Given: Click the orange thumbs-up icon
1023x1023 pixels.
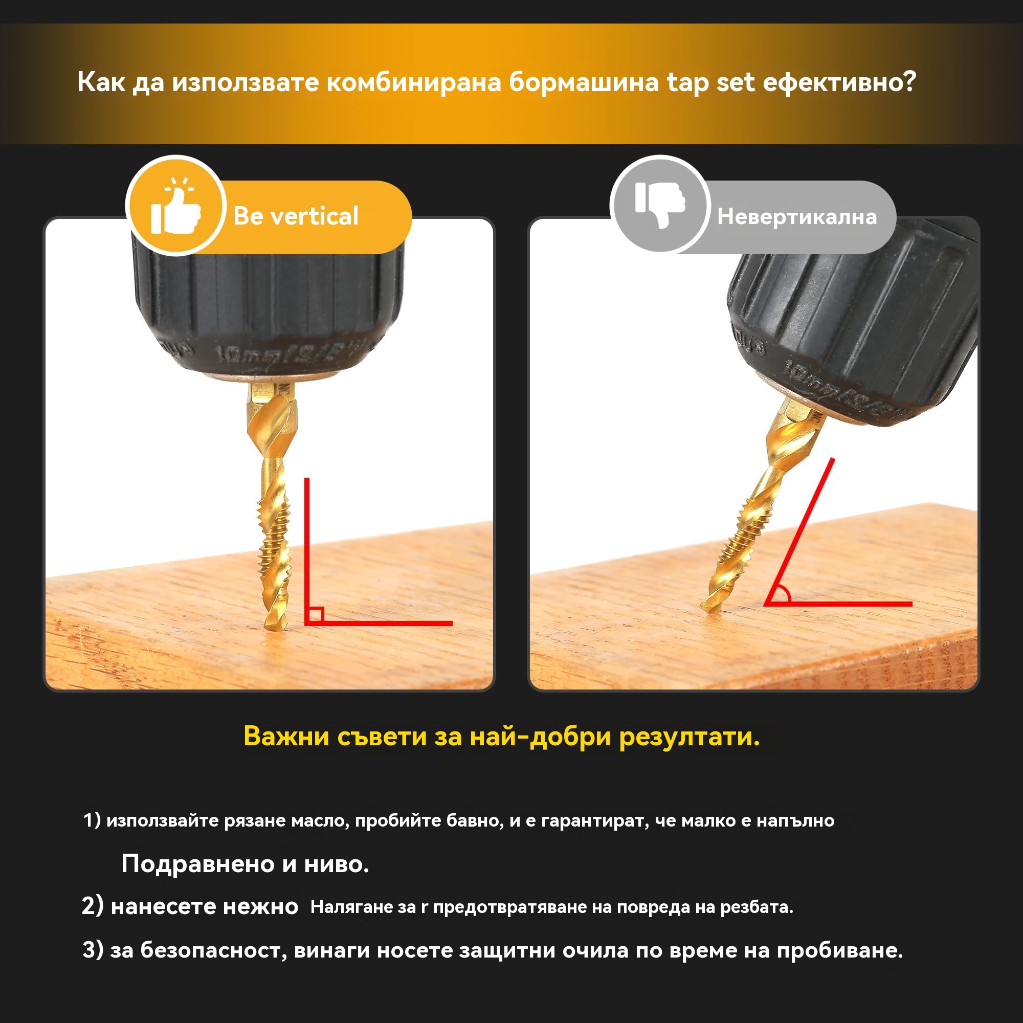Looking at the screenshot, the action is tap(176, 207).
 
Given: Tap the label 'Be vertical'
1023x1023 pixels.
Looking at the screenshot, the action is tap(296, 216).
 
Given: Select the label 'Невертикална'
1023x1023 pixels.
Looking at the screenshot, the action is tap(797, 216).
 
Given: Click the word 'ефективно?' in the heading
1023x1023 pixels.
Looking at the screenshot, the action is tap(839, 82).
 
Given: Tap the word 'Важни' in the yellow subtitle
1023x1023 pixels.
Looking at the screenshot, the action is tap(286, 736).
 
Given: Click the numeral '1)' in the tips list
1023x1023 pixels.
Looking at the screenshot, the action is tap(92, 820).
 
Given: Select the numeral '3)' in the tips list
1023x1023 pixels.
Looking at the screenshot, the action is tap(93, 950).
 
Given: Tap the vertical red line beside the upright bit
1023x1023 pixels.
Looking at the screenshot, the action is tap(306, 551).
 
